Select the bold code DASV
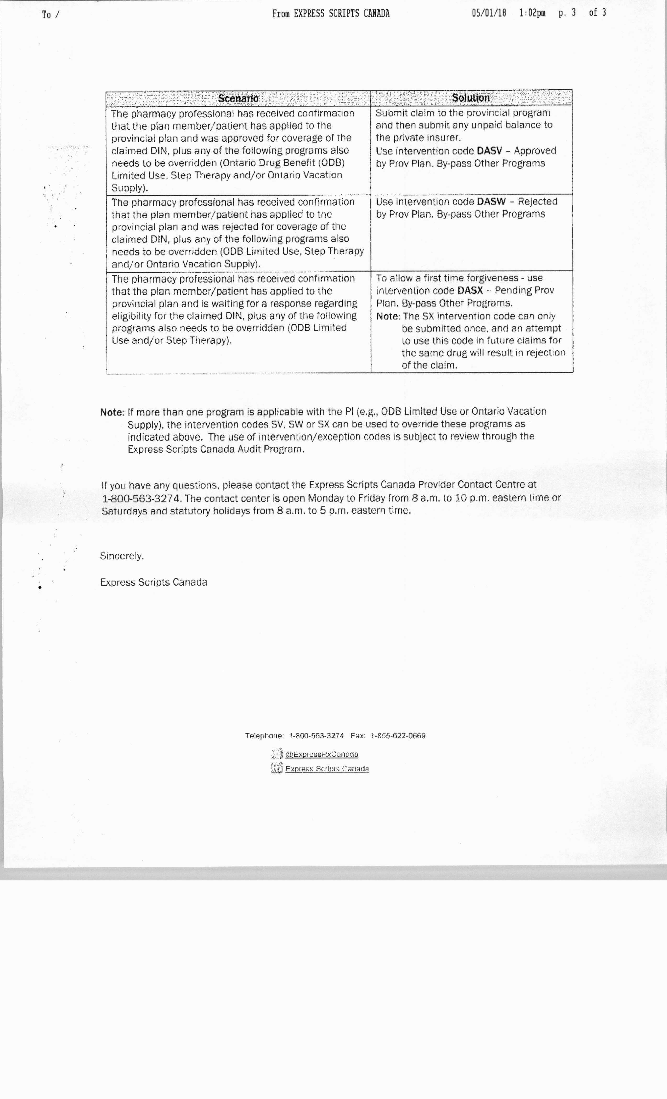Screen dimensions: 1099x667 point(489,151)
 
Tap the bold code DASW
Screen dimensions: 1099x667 point(491,201)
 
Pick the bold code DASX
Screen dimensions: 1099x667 point(470,291)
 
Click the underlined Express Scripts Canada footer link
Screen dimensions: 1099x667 point(327,769)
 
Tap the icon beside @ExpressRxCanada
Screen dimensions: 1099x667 point(277,754)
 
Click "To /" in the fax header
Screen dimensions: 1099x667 point(50,15)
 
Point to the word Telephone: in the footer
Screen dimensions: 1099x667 point(264,736)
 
